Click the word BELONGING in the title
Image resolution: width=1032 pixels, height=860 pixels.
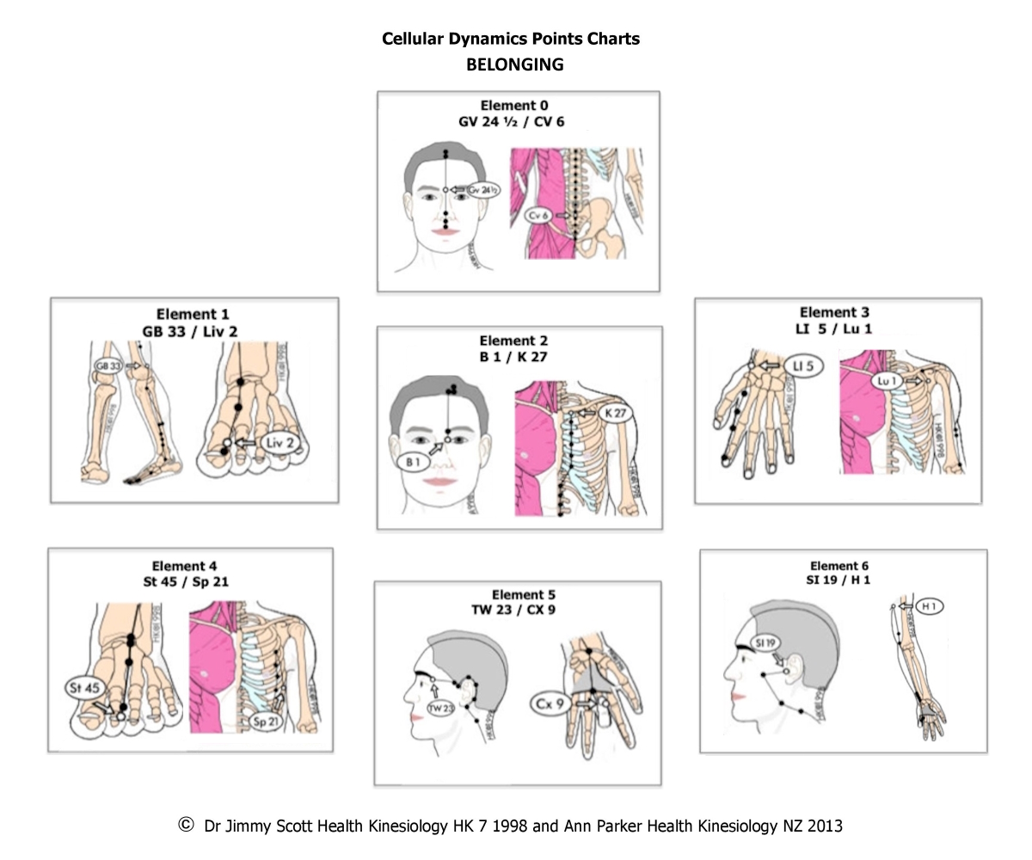tap(514, 64)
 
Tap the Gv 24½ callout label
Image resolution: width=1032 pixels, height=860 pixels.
tap(483, 189)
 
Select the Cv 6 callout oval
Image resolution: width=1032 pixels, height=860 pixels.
tap(539, 215)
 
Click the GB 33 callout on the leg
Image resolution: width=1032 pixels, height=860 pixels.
tap(108, 365)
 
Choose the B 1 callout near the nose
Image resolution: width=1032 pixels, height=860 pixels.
tap(413, 462)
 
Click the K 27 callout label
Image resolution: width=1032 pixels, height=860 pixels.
tap(615, 413)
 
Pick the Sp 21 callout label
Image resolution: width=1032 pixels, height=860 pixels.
tap(266, 722)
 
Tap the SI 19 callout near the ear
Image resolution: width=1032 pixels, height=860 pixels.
tap(765, 642)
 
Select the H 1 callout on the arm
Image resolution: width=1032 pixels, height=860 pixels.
tap(929, 606)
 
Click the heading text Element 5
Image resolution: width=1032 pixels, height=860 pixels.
tap(523, 595)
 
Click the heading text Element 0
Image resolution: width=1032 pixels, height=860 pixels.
tap(513, 106)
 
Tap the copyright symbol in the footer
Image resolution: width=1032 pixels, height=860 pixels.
tap(186, 825)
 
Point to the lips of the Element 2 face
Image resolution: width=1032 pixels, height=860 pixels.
tap(439, 482)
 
